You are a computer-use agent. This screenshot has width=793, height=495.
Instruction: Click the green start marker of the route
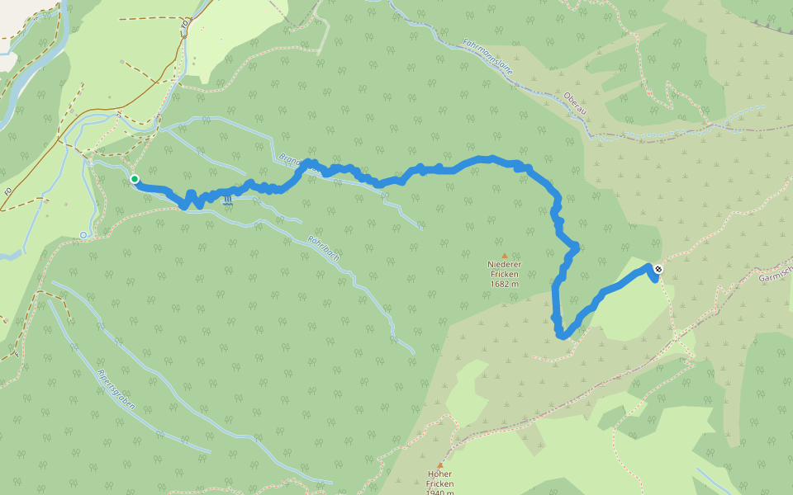click(x=134, y=179)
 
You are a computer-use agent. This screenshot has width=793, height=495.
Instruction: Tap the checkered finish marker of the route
click(x=658, y=269)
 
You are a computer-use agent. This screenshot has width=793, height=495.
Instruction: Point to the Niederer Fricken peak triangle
click(x=503, y=256)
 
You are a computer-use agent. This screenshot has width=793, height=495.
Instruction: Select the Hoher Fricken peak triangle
click(x=439, y=464)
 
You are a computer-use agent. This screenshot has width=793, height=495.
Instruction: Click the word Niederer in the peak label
click(x=503, y=265)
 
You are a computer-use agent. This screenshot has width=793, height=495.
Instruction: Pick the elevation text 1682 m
click(x=503, y=284)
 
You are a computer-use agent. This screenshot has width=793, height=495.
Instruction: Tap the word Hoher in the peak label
click(x=439, y=474)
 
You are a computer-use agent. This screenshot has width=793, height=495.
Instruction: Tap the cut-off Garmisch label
click(x=776, y=272)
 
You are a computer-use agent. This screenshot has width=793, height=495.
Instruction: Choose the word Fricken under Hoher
click(x=439, y=483)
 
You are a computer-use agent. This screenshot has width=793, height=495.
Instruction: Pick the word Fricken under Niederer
click(x=503, y=274)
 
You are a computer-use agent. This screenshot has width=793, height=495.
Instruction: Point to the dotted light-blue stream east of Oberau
click(x=702, y=120)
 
